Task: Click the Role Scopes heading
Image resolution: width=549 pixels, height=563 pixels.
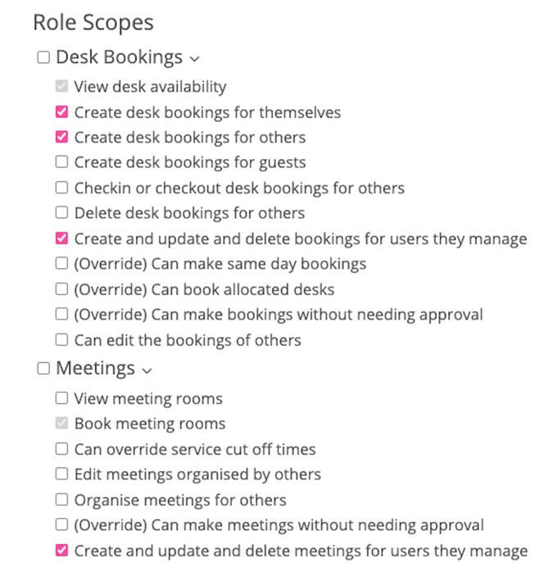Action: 93,22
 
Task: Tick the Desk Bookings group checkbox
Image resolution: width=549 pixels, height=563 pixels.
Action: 43,58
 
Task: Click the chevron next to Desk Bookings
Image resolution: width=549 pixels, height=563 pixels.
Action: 194,59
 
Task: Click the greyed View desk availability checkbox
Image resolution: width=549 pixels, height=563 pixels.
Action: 61,86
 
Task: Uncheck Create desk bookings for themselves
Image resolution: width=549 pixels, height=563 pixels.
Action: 61,111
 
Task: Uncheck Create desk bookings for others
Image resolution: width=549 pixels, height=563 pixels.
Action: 61,137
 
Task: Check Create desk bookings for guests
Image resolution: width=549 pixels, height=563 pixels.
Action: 61,162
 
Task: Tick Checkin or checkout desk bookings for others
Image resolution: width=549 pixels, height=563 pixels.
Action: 61,188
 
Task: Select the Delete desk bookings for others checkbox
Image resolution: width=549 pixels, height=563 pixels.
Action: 61,213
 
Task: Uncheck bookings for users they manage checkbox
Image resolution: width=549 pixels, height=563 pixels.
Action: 61,238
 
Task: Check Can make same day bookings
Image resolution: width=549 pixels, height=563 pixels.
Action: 61,264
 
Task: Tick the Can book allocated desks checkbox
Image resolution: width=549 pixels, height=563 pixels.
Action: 61,289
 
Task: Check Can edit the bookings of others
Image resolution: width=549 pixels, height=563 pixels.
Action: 61,339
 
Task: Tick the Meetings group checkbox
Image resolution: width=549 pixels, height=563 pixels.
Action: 43,370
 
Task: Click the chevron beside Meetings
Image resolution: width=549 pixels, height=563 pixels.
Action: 147,371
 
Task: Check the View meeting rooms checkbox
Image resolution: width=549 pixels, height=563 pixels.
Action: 61,398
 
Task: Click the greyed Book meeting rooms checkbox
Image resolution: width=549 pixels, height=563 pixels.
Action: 61,424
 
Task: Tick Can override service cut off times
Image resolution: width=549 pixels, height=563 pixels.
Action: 61,449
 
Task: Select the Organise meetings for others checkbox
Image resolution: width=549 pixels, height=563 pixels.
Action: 61,500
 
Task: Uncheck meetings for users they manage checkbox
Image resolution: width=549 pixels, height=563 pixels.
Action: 61,551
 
